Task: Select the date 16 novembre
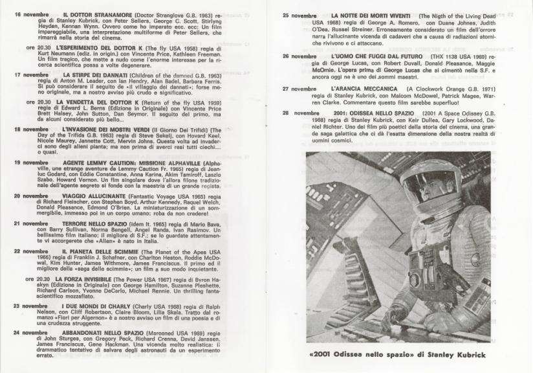[x=32, y=14]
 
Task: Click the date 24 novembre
[x=32, y=333]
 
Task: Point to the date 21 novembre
[x=32, y=223]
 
